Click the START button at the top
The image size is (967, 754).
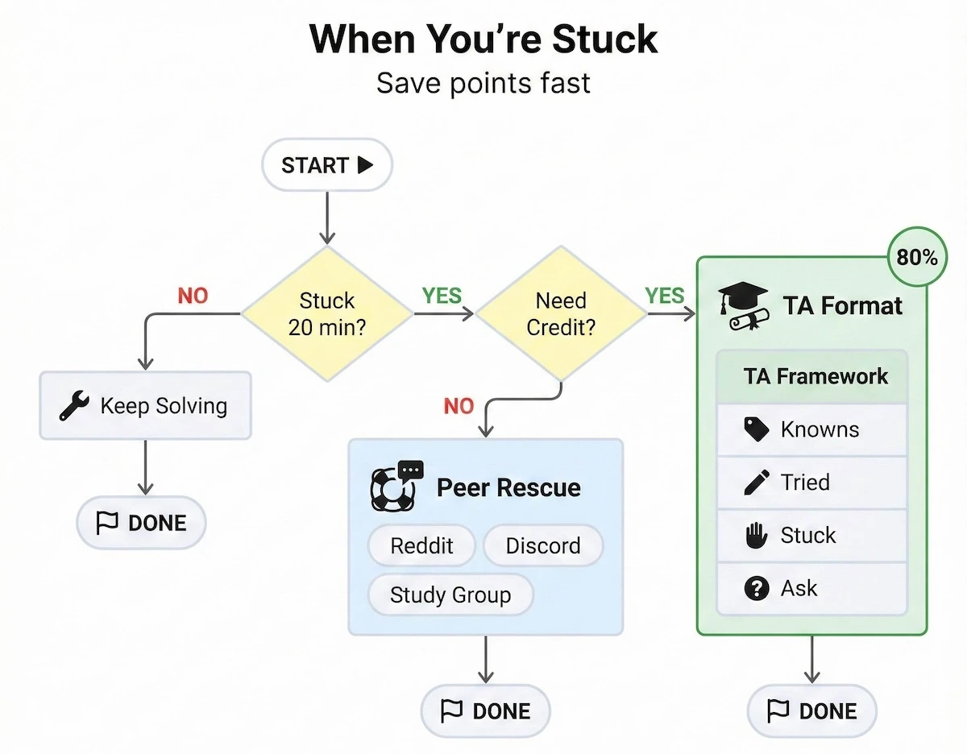point(326,166)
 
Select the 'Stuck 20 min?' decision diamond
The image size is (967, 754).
point(326,313)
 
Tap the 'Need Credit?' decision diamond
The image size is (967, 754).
point(561,313)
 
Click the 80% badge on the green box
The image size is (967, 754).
point(916,258)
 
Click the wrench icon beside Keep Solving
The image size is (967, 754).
point(75,405)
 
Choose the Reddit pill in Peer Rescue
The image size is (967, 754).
point(421,545)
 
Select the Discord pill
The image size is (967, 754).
point(542,545)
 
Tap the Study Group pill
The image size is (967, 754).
point(450,595)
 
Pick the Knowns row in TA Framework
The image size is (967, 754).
point(811,429)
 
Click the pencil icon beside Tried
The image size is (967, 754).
point(756,483)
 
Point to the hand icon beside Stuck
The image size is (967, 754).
point(756,536)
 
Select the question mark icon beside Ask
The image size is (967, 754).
point(756,589)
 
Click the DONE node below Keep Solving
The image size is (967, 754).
point(141,523)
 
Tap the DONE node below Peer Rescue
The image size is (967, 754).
point(485,711)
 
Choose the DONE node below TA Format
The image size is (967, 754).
point(811,711)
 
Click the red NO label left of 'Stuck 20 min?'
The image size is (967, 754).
point(193,296)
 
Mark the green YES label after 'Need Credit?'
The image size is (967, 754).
point(664,296)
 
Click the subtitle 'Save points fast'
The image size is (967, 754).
point(483,83)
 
